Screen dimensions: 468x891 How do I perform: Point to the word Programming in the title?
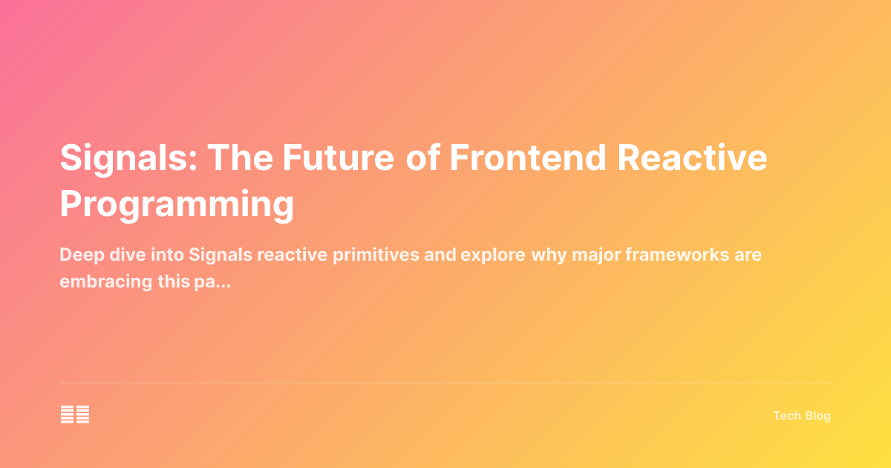[x=177, y=203]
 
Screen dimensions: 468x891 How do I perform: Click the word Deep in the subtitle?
[x=79, y=256]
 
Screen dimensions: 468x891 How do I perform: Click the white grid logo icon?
[x=75, y=415]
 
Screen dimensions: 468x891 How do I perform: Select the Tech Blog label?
[x=802, y=416]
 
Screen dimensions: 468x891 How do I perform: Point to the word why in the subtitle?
[x=548, y=256]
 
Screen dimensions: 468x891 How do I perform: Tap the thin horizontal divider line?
[x=446, y=383]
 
